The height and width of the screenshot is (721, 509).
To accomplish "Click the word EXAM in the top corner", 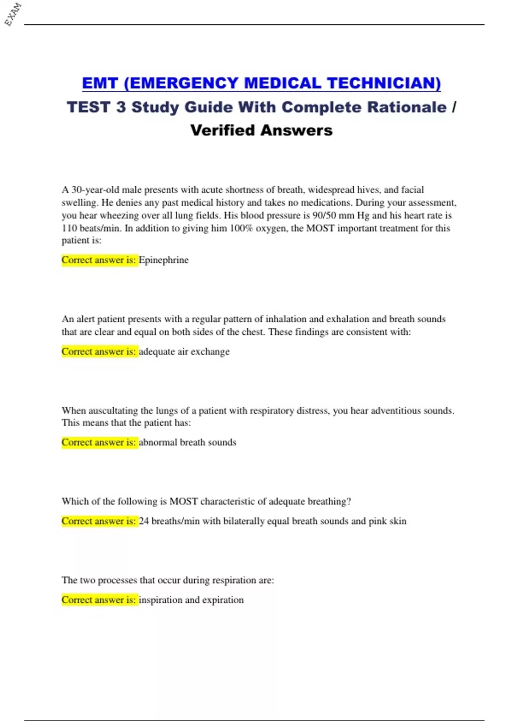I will (13, 14).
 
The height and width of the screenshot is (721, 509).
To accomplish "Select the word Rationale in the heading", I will (406, 107).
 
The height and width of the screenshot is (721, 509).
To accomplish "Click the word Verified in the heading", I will (223, 130).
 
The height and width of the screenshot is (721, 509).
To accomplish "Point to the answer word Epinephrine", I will (163, 260).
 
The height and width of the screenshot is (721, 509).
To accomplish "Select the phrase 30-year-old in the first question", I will (95, 190).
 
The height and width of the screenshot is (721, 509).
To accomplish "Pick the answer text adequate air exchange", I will (184, 352).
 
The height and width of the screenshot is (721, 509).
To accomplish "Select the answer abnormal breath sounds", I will (187, 442).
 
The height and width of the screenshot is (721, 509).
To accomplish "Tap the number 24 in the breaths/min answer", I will (144, 521).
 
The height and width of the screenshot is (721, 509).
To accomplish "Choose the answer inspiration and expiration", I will (191, 600).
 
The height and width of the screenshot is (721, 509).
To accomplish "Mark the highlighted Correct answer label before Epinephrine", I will (99, 260).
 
